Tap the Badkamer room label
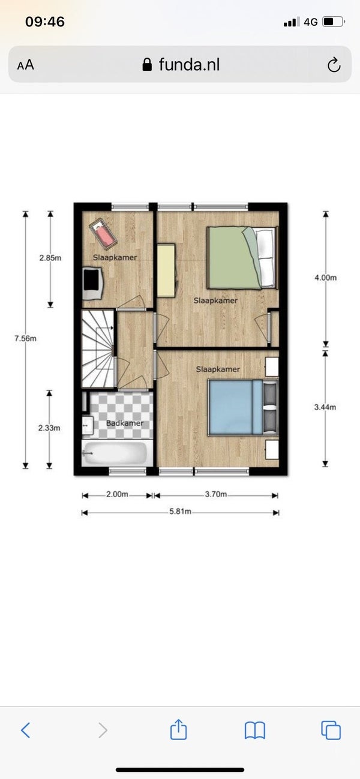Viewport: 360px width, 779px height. pos(125,423)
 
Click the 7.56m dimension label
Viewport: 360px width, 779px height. pos(25,338)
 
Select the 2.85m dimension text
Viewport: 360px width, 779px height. pos(50,258)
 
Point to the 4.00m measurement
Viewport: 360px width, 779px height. pos(326,278)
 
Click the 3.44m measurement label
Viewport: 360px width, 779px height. pos(325,407)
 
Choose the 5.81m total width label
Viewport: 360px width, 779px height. pos(180,512)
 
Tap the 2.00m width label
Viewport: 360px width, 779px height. pos(117,494)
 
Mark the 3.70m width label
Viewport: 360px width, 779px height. pos(216,494)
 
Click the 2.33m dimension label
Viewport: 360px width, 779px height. pos(49,428)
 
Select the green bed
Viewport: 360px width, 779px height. pos(242,258)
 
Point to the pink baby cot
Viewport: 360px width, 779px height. pos(103,233)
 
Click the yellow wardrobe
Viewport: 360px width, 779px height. pos(166,270)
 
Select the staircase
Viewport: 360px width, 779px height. pos(98,348)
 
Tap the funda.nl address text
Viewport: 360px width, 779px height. pos(189,65)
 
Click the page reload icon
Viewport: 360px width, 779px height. pos(334,65)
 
